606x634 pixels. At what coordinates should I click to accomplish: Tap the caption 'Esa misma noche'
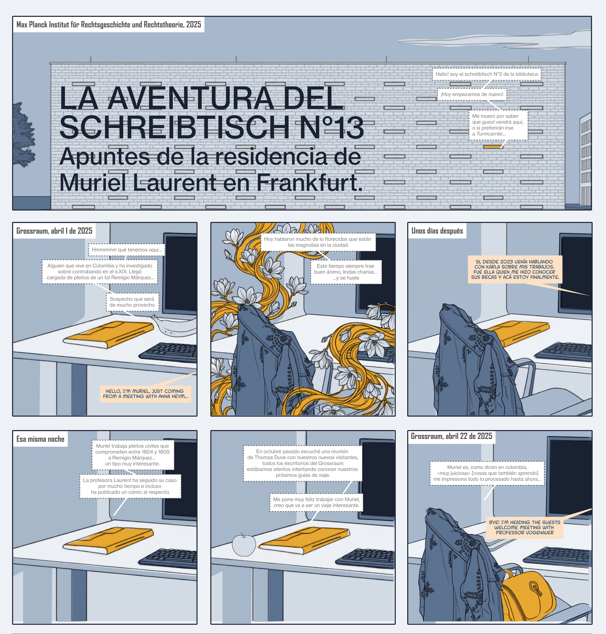click(40, 439)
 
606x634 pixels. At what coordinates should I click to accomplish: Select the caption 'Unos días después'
click(437, 231)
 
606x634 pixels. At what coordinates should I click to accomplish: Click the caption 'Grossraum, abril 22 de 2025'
click(452, 436)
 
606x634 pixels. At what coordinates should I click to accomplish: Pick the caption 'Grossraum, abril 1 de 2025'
click(54, 231)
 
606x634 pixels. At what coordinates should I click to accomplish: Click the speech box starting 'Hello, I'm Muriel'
click(145, 394)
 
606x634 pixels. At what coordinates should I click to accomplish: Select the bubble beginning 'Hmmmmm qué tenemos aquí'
click(127, 250)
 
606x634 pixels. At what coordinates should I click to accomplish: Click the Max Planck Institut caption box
click(109, 25)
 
